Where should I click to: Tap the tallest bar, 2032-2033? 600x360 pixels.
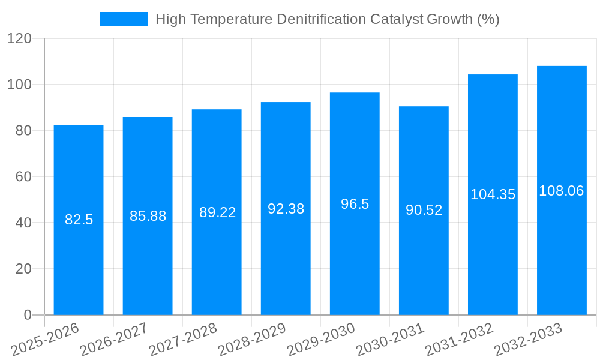[x=562, y=252]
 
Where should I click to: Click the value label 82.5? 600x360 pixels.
[x=79, y=220]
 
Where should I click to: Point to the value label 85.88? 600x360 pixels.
[x=148, y=216]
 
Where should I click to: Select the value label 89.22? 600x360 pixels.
[x=217, y=212]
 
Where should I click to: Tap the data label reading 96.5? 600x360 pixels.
[x=355, y=204]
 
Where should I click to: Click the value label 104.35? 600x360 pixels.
[x=493, y=194]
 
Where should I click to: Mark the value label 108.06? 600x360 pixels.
[x=562, y=191]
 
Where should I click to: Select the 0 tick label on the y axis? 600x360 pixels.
[x=28, y=315]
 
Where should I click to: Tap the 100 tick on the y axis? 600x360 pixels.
[x=19, y=85]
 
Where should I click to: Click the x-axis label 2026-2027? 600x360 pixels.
[x=114, y=339]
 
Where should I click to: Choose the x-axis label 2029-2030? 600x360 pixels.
[x=321, y=339]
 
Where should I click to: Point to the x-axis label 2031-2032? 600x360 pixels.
[x=459, y=339]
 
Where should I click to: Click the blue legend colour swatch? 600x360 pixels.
[x=124, y=19]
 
